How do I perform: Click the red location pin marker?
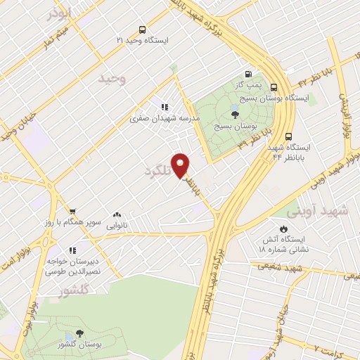pos(181,165)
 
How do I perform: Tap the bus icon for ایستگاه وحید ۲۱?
pos(143,30)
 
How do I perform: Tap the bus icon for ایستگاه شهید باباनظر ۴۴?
pos(289,137)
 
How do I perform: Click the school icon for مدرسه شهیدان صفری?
pos(164,108)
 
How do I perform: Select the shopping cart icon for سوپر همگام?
pos(72,210)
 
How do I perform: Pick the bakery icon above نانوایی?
pos(117,214)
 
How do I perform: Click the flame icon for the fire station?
pos(283,229)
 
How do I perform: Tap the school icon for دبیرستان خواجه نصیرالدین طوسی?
pos(72,250)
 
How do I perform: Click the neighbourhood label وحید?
pos(112,79)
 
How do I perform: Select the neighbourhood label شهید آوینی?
pos(323,210)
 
